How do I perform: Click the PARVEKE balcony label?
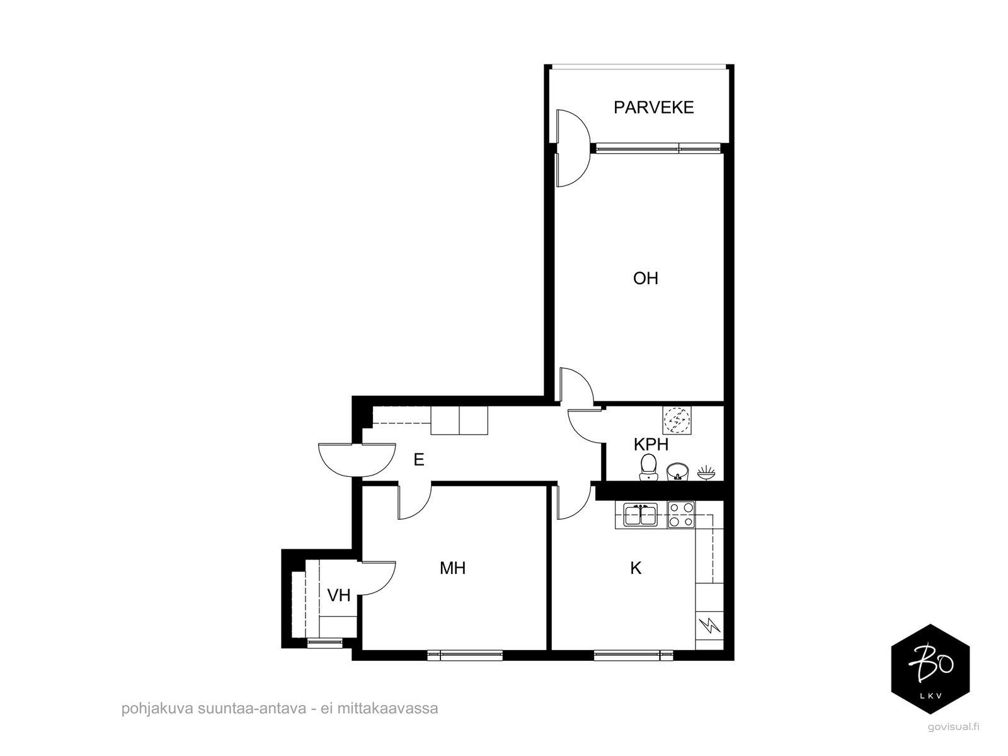tap(653, 107)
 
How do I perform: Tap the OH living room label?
tap(646, 278)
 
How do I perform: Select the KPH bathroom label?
tap(651, 444)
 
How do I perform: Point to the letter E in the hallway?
tap(418, 459)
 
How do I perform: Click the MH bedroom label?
tap(453, 568)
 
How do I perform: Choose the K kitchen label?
tap(636, 568)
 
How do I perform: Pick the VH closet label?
tap(339, 595)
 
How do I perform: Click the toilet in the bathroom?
tap(648, 467)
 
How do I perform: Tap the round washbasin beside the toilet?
tap(677, 471)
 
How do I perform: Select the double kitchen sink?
tap(640, 514)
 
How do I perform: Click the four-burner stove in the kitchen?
tap(681, 515)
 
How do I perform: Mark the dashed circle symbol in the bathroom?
tap(677, 420)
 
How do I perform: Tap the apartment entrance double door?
tap(357, 459)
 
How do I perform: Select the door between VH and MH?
tap(377, 578)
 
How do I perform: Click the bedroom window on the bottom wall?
tap(465, 655)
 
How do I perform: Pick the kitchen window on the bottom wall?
tap(633, 655)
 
